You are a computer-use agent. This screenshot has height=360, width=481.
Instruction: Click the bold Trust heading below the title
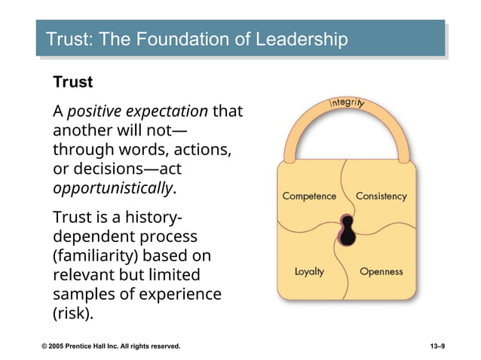tap(72, 81)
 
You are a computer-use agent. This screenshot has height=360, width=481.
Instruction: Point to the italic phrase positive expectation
tap(137, 111)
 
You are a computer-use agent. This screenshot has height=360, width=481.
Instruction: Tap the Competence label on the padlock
tap(309, 196)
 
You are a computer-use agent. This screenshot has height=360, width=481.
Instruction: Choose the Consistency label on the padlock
tap(381, 196)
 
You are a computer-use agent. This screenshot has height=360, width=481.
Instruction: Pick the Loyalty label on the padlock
tap(309, 271)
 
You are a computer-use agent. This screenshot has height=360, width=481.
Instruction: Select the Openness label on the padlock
tap(381, 271)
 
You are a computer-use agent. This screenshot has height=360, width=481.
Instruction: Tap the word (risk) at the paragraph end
tap(73, 313)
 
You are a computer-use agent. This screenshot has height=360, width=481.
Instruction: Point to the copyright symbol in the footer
tap(44, 346)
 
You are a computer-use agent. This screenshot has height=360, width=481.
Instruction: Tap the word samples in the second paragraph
tap(81, 294)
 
